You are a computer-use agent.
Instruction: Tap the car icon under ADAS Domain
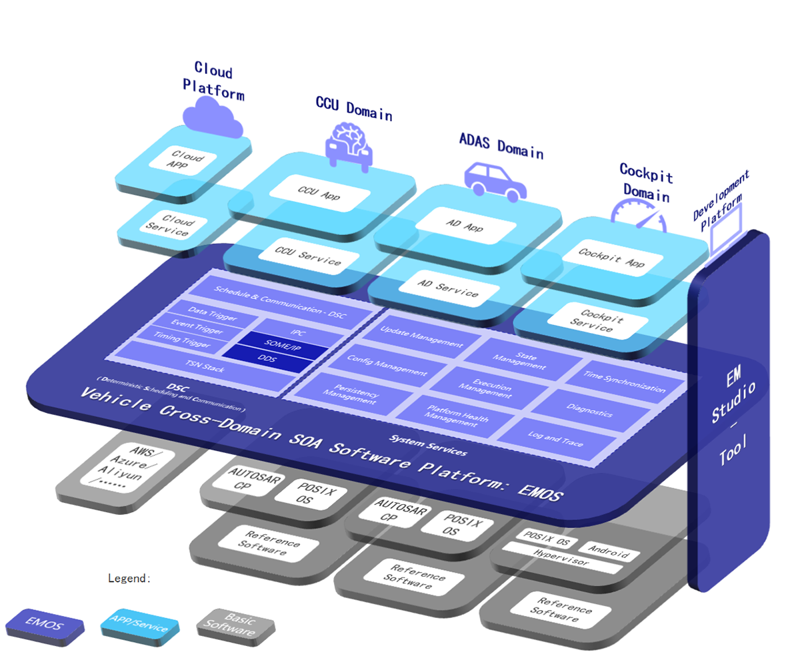tap(494, 179)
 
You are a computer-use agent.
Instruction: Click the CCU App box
tap(319, 193)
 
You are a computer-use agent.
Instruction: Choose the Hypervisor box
tap(561, 558)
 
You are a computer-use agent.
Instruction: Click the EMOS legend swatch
tap(45, 625)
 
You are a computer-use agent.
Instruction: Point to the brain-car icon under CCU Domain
tap(348, 145)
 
